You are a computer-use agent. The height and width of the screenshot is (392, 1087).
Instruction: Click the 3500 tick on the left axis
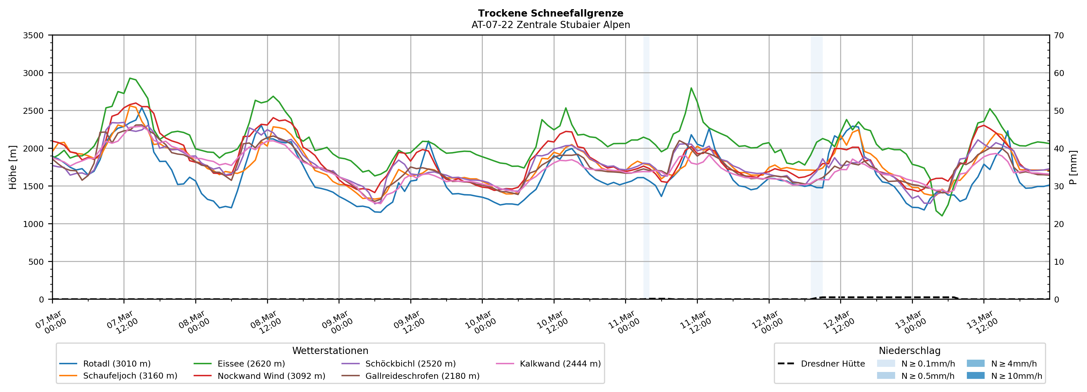coord(33,35)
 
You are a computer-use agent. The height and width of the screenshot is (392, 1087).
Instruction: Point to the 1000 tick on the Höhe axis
coord(33,224)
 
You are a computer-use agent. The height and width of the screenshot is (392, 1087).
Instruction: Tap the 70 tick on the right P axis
coord(1059,35)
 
